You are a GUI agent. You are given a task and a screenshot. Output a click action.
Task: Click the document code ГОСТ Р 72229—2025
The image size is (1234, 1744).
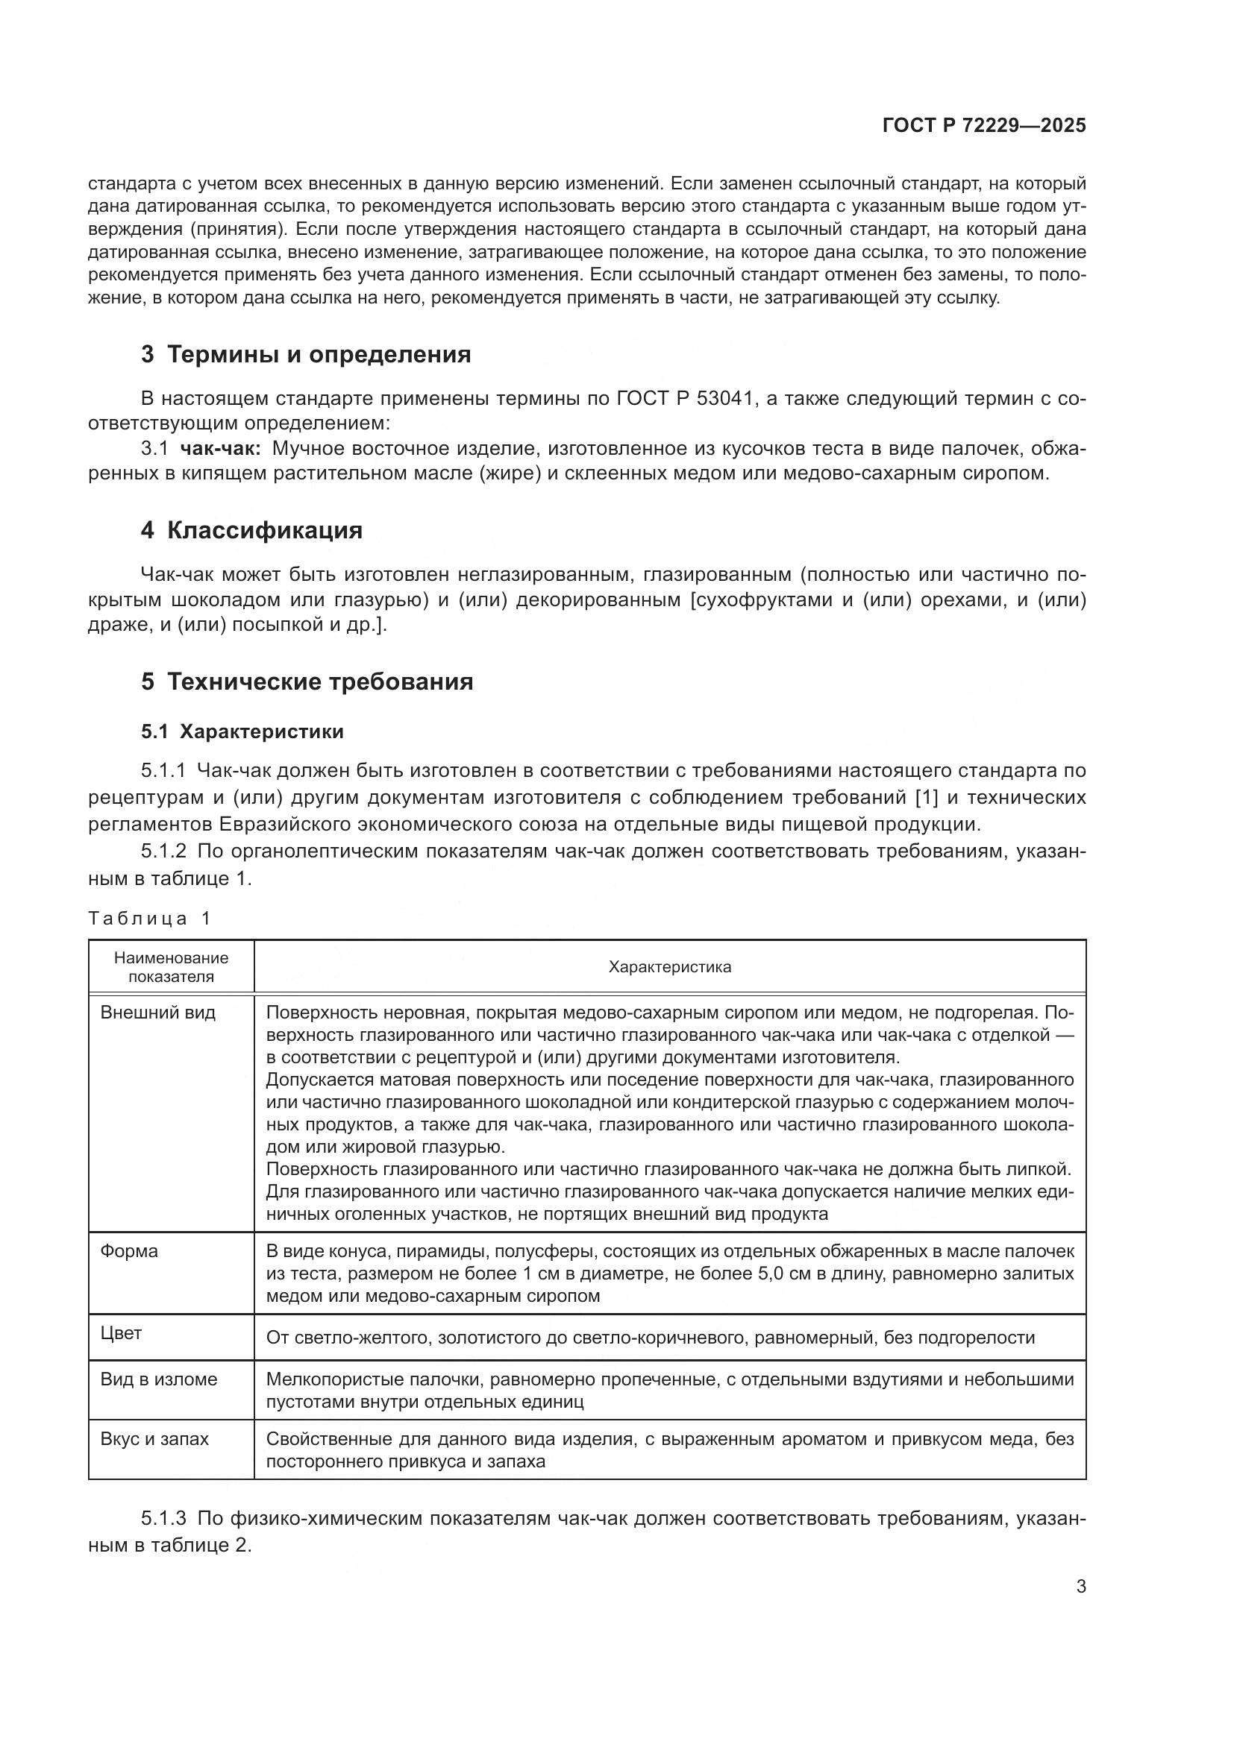tap(984, 125)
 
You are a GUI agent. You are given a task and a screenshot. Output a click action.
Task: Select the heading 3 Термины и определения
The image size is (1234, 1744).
tap(305, 355)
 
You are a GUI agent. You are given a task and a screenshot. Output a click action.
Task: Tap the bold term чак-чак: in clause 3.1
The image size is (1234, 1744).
tap(221, 448)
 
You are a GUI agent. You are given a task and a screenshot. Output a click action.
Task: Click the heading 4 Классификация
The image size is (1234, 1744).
tap(251, 530)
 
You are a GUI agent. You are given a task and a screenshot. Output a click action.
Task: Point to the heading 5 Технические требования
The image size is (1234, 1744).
tap(307, 681)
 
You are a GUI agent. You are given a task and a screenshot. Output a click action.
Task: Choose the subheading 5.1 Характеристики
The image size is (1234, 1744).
tap(242, 731)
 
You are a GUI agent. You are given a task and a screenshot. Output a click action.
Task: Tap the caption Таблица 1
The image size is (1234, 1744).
tap(149, 919)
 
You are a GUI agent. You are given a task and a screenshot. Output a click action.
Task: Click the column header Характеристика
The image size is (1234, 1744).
tap(669, 967)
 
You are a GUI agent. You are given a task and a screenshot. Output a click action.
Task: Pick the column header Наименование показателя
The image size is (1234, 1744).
tap(171, 967)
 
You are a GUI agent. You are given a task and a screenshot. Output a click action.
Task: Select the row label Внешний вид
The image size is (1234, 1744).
tap(158, 1013)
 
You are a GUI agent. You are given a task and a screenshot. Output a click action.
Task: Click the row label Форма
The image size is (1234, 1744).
tap(129, 1251)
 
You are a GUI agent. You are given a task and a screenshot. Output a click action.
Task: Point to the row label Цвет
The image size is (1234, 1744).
tap(122, 1333)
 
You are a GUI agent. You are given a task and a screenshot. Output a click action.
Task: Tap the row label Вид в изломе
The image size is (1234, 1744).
tap(159, 1379)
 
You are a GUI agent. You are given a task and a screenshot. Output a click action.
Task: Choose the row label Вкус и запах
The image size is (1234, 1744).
tap(154, 1438)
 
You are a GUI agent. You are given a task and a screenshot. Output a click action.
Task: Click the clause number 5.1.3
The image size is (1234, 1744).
tap(163, 1518)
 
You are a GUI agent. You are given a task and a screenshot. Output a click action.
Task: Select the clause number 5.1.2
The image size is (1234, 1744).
tap(163, 851)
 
